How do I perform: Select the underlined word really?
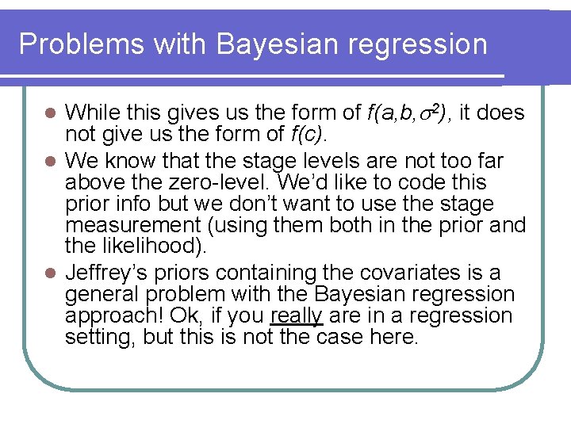point(296,316)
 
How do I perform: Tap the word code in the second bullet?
point(443,183)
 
